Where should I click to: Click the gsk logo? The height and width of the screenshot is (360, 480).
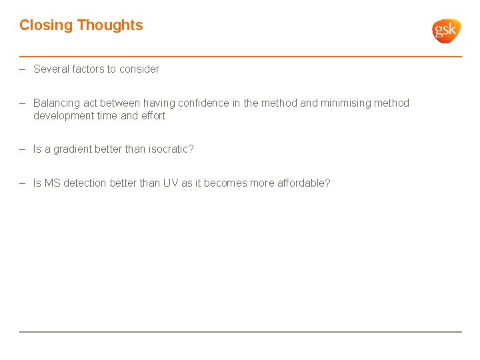(x=446, y=31)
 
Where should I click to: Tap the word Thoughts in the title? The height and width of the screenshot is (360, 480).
(x=110, y=25)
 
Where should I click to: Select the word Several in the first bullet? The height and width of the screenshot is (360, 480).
(x=51, y=69)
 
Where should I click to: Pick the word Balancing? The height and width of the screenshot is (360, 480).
(x=57, y=103)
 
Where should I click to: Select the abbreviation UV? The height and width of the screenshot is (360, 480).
(x=171, y=183)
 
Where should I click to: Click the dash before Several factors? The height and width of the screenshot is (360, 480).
(x=23, y=69)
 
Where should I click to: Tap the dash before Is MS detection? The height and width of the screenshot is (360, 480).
(x=23, y=183)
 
